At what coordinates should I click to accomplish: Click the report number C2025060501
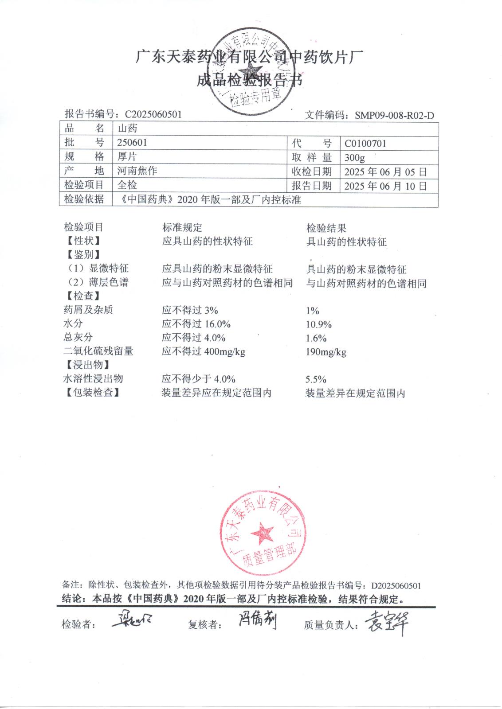tap(153, 114)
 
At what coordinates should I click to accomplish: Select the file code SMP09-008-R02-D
tap(394, 116)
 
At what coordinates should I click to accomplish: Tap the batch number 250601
tap(132, 143)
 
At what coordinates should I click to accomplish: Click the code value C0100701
tap(365, 144)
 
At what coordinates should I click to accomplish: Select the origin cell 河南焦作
tap(137, 171)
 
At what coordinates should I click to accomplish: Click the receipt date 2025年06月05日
tap(385, 172)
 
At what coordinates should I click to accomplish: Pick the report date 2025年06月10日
tap(385, 186)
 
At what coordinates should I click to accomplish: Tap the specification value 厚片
tap(127, 157)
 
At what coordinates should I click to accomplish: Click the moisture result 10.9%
tap(319, 325)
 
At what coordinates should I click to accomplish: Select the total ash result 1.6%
tap(316, 339)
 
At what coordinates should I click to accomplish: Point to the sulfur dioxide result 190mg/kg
tap(326, 353)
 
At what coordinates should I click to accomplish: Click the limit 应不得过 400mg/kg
tap(204, 352)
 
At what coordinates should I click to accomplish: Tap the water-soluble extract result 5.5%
tap(316, 379)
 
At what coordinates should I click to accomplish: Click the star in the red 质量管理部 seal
tap(262, 532)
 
